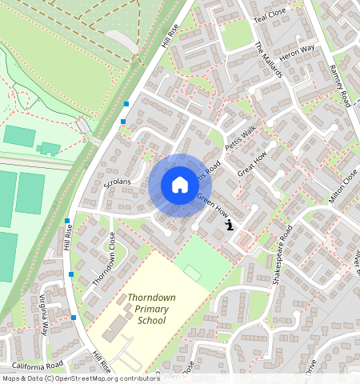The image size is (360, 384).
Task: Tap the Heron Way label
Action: pos(297,50)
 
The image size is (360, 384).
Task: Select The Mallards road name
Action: pos(269,60)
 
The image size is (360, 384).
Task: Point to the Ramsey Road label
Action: pos(340,86)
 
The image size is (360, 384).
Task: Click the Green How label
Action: pos(214,206)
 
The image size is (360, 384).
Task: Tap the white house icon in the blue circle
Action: pos(180,185)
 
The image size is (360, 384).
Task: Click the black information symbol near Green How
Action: pos(230,226)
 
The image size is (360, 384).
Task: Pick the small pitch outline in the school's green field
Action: pos(192,273)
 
